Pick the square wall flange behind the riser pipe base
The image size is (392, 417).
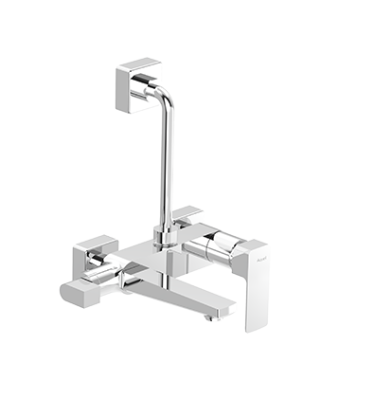[187, 217]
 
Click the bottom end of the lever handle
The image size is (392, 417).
[254, 327]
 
